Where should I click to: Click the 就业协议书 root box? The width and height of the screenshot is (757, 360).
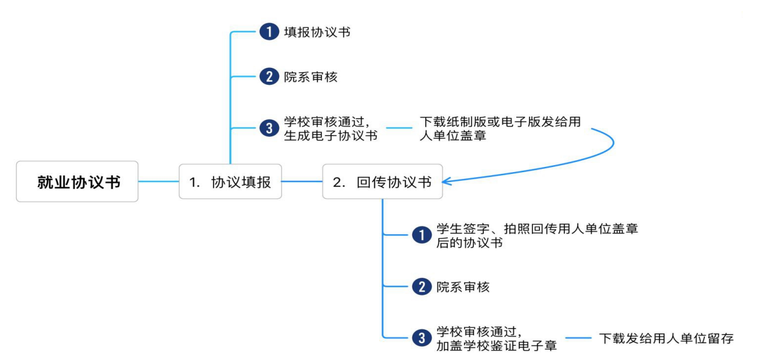pyautogui.click(x=77, y=181)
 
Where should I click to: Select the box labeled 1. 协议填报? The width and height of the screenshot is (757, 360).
pyautogui.click(x=230, y=181)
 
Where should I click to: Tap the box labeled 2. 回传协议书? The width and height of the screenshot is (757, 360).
pyautogui.click(x=382, y=181)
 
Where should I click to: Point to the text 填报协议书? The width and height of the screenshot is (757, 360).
pyautogui.click(x=317, y=32)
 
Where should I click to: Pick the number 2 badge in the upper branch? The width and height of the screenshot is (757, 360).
pyautogui.click(x=269, y=77)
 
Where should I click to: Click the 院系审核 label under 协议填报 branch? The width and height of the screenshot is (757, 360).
pyautogui.click(x=310, y=77)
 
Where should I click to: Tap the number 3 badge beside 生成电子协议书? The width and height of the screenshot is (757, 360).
pyautogui.click(x=269, y=129)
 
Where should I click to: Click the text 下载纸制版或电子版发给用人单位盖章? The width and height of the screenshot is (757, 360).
pyautogui.click(x=500, y=128)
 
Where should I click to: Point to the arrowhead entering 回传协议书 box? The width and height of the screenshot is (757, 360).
pyautogui.click(x=447, y=181)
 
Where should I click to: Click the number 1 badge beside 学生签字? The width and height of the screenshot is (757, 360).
pyautogui.click(x=422, y=235)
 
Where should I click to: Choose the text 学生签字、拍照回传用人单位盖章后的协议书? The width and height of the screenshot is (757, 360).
pyautogui.click(x=537, y=235)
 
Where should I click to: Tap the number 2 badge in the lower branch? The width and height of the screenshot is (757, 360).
pyautogui.click(x=422, y=286)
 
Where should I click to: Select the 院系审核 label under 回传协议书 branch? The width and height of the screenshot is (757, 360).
pyautogui.click(x=463, y=286)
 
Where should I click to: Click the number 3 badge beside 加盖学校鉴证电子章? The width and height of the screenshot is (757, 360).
pyautogui.click(x=422, y=338)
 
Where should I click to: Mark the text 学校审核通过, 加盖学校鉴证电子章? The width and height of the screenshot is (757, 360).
pyautogui.click(x=496, y=339)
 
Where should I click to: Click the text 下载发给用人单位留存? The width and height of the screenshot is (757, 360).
pyautogui.click(x=666, y=338)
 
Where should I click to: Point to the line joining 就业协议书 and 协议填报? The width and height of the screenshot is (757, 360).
pyautogui.click(x=158, y=181)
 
